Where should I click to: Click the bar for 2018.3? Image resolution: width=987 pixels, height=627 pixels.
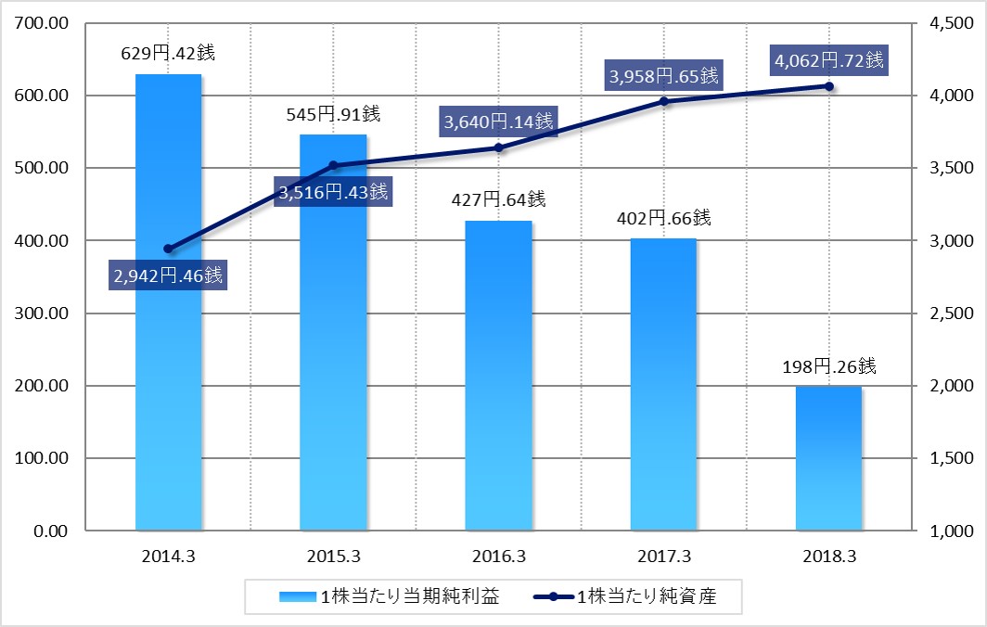point(828,458)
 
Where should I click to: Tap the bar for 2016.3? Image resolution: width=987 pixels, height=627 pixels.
point(498,376)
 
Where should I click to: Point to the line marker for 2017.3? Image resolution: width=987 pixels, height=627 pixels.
point(664,101)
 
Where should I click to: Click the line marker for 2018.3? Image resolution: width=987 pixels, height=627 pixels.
point(828,86)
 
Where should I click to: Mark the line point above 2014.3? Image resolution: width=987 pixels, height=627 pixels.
point(168,249)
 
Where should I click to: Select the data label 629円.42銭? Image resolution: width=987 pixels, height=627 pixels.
point(168,53)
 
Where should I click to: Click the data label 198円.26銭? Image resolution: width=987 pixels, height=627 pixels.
point(828,365)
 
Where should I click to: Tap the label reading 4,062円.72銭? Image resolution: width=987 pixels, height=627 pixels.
point(827,62)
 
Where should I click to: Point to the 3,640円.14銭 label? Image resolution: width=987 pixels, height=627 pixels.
point(498,121)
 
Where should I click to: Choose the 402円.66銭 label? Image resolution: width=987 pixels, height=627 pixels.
point(663,219)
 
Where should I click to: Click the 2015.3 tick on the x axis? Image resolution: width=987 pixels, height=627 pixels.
point(333,557)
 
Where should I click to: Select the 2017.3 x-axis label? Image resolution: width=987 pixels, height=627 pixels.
point(663,557)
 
